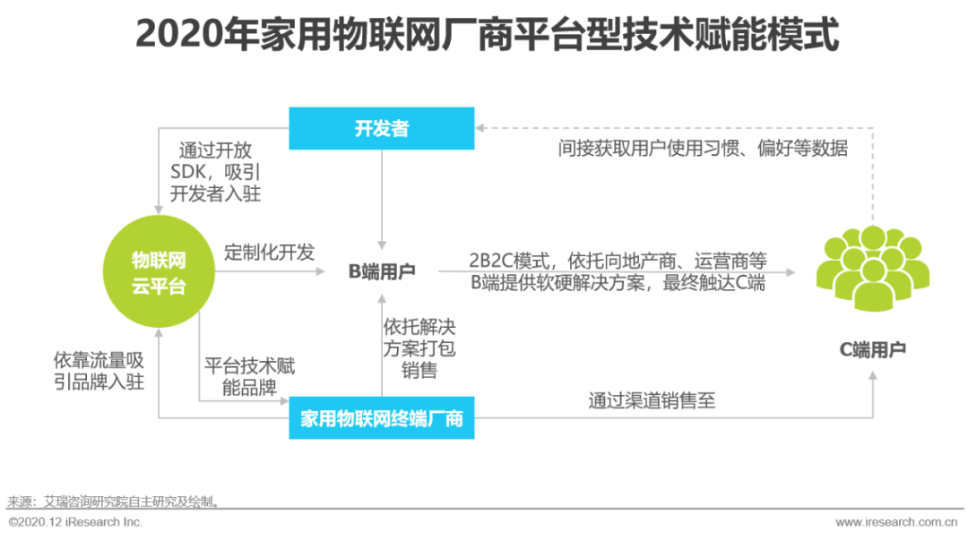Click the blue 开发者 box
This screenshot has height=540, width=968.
click(381, 128)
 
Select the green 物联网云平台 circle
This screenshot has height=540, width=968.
click(159, 274)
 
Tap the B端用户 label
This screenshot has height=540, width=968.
click(382, 271)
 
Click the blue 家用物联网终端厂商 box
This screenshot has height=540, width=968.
click(381, 418)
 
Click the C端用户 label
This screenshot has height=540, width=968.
click(872, 349)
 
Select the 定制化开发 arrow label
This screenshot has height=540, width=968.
click(269, 253)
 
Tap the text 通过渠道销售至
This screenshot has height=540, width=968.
click(652, 400)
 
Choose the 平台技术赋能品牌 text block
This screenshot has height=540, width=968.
click(249, 378)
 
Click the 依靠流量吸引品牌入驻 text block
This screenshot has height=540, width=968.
click(99, 371)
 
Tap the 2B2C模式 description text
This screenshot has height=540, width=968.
click(618, 271)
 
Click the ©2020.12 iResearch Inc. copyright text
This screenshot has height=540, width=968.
click(75, 522)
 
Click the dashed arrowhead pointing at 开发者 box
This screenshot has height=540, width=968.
click(481, 128)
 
